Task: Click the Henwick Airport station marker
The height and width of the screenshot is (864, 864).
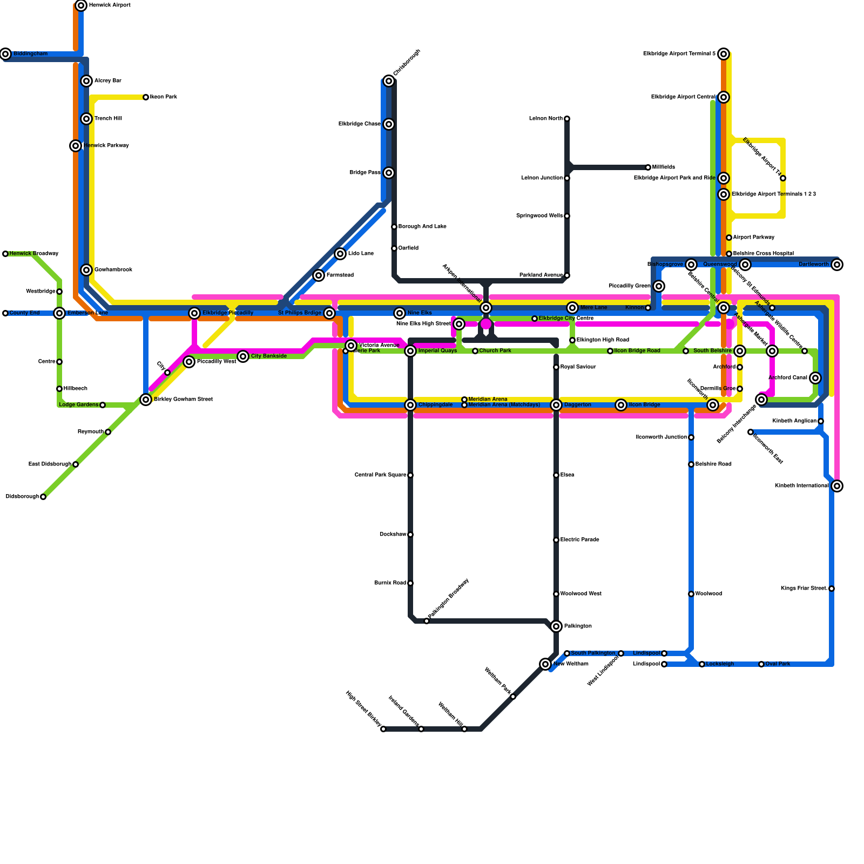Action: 81,5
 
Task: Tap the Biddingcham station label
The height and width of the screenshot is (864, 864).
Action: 30,54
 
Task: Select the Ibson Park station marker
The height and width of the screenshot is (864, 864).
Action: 146,97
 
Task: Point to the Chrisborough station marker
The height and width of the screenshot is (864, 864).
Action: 389,81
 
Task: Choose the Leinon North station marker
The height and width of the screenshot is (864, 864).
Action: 567,119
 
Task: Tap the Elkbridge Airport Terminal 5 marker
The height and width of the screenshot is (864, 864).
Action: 724,54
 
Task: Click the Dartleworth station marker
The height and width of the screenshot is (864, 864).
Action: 837,265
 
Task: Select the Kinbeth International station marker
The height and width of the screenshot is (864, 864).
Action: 837,486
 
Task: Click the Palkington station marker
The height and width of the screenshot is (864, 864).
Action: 556,626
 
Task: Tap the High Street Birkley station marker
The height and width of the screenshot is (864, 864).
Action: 383,729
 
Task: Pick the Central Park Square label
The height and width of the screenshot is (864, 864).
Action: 380,475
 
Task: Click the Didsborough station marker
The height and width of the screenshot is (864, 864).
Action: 43,497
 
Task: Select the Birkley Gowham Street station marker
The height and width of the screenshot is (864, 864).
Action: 146,400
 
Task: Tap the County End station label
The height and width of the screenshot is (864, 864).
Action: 24,313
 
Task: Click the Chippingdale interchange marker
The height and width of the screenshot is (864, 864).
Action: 410,405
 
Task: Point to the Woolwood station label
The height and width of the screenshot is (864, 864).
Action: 708,594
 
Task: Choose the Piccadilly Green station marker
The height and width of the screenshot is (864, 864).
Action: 659,286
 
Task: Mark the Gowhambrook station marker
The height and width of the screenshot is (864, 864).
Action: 86,270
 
